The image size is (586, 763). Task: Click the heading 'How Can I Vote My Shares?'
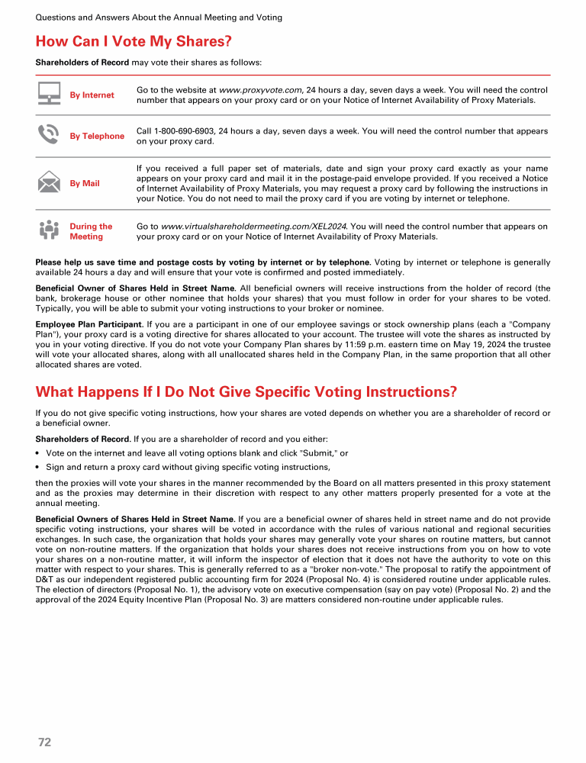tap(134, 41)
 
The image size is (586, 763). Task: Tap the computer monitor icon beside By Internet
tap(50, 95)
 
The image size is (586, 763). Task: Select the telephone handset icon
tap(50, 135)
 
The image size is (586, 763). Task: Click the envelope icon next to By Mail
tap(50, 183)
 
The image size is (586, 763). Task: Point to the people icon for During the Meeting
tap(50, 230)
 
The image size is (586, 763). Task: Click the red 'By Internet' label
tap(92, 95)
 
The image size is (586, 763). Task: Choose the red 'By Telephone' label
tap(97, 136)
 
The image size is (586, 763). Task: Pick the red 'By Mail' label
tap(85, 183)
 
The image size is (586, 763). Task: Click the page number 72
tap(44, 742)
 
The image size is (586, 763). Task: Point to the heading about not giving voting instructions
tap(246, 392)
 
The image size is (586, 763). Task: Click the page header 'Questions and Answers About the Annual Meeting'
tap(159, 17)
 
